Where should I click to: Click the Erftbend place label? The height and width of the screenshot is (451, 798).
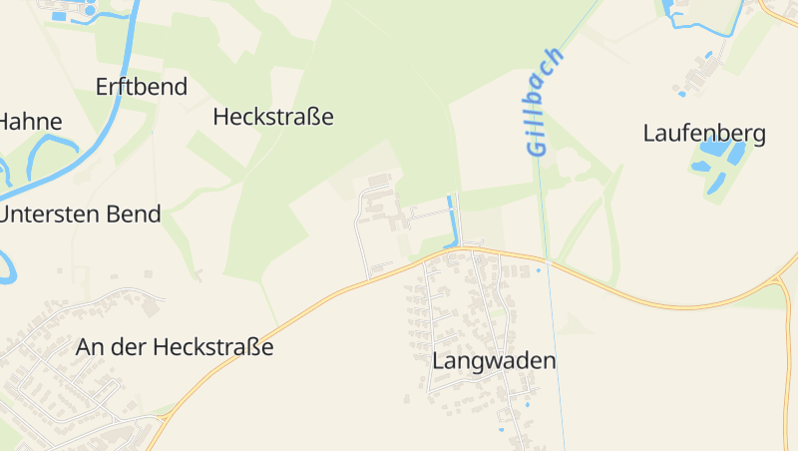141,87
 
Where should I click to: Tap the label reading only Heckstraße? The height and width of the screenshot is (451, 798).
273,117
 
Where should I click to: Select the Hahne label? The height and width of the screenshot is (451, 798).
30,123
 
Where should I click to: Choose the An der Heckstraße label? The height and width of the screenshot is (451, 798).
174,347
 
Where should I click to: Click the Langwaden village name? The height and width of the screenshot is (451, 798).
494,361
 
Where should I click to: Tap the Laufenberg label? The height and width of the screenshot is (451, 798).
704,134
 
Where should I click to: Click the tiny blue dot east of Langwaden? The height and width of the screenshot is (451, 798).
539,269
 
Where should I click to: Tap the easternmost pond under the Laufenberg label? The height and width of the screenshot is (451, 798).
737,154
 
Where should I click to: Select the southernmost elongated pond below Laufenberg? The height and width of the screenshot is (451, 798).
716,184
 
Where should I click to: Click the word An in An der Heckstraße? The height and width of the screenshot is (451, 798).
89,347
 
